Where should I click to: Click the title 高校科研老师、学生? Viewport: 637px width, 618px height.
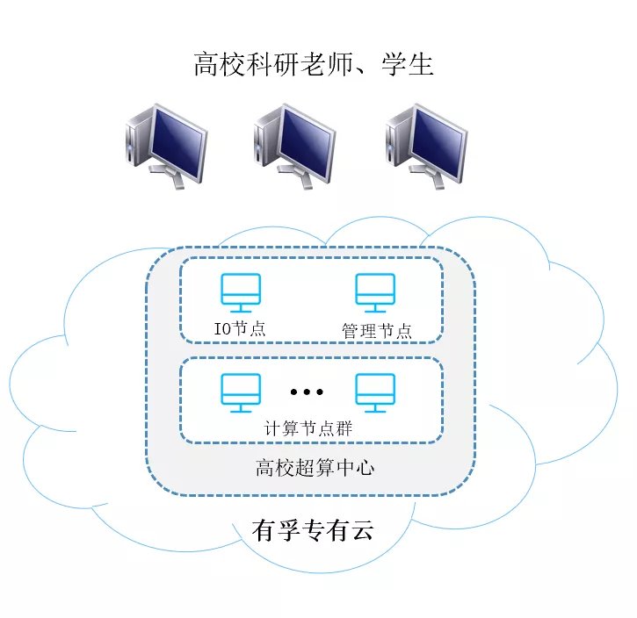tap(313, 64)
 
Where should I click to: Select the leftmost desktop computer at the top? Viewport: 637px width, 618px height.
tap(167, 146)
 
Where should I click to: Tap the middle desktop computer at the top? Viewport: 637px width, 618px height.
tap(295, 146)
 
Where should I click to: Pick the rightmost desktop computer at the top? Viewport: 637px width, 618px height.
tap(426, 146)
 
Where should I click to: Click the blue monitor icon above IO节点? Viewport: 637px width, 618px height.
tap(241, 292)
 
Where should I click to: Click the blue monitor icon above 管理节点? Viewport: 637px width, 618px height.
tap(375, 292)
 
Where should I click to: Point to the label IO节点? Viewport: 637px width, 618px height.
tap(240, 328)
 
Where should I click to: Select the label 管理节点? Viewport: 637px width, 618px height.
tap(377, 331)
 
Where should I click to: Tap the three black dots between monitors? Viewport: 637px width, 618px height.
tap(307, 392)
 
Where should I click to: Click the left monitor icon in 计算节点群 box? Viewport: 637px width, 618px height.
tap(241, 392)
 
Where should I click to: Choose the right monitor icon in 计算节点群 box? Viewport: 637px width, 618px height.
tap(375, 392)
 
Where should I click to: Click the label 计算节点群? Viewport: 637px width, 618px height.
tap(308, 428)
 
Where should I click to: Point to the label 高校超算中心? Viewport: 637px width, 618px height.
tap(315, 468)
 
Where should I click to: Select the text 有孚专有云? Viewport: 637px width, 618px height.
tap(313, 530)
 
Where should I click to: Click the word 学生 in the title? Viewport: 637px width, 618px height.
tap(408, 64)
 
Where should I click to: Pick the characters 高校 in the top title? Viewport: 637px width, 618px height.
tap(219, 64)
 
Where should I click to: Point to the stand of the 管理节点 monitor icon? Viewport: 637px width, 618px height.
tap(375, 308)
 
